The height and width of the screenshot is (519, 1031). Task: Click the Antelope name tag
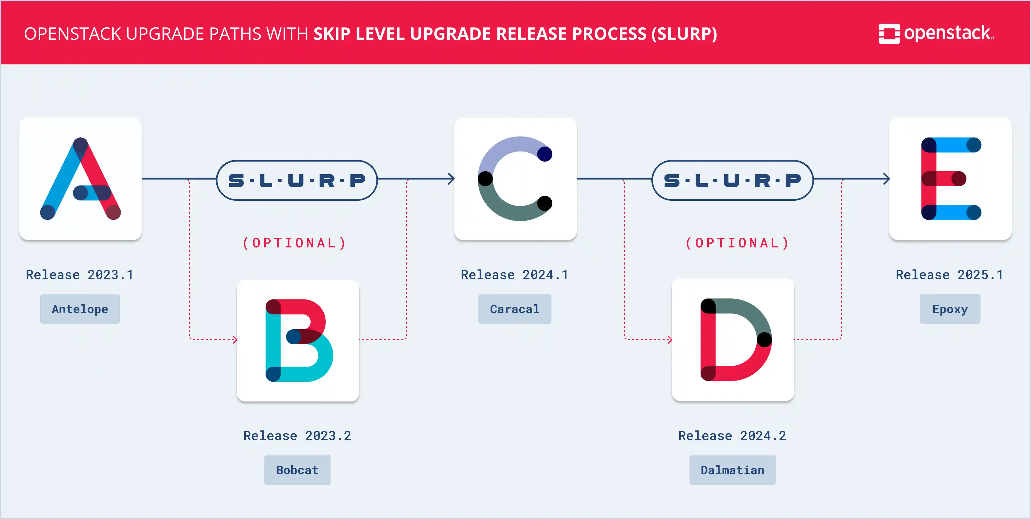80,309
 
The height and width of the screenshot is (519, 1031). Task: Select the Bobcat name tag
297,470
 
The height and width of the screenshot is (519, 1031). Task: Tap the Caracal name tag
515,309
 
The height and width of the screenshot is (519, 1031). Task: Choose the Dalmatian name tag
732,470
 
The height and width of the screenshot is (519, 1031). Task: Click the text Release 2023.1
80,275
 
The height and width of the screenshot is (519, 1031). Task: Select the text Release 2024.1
515,275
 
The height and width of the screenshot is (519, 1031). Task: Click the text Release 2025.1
950,275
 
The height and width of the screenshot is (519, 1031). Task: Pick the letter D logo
733,340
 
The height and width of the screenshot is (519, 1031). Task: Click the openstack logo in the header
936,34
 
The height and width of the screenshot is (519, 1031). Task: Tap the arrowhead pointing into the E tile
887,179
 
